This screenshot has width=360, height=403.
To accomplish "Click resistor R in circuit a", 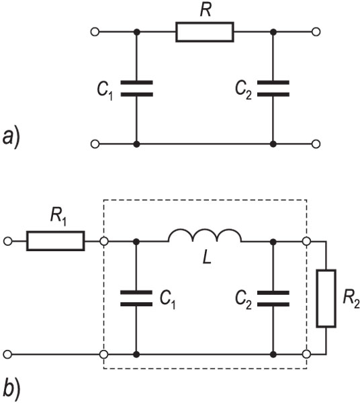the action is [205, 32].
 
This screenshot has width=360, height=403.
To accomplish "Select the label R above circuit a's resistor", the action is [206, 10].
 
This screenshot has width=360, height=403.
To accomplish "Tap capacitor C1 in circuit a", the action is [137, 89].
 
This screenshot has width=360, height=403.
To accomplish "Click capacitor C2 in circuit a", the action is [273, 89].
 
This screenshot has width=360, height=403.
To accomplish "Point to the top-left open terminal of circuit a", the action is [95, 32].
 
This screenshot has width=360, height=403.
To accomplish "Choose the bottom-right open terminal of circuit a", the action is [316, 144].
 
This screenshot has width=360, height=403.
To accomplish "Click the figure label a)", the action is [11, 138].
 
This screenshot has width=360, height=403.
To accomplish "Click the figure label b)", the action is [11, 389].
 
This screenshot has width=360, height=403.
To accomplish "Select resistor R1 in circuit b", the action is [56, 241].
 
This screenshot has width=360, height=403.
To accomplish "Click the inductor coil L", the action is [205, 236].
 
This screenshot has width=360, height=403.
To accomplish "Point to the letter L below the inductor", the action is [207, 257].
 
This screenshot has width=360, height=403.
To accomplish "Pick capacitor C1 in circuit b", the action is [136, 298].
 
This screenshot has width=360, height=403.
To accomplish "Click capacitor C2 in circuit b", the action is [273, 299].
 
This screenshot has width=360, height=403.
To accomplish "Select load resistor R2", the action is [326, 298].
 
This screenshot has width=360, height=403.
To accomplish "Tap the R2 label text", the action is [351, 300].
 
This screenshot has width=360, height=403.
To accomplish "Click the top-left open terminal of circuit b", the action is [7, 241].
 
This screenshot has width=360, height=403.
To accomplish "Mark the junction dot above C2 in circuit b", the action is [273, 242].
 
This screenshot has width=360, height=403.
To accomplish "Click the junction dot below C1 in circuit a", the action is [137, 144].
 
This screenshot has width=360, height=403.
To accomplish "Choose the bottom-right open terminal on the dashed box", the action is [306, 355].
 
